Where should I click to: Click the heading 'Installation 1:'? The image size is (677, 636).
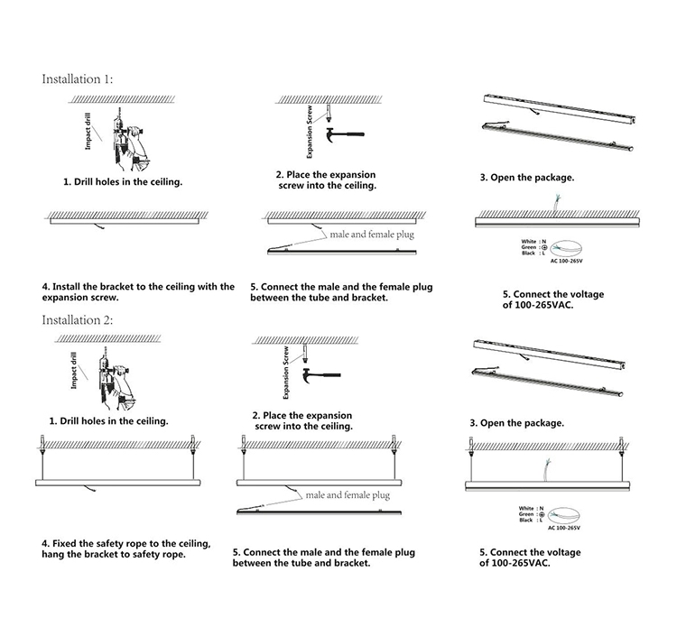(x=78, y=78)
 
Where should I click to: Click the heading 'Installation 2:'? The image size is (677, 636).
(x=78, y=319)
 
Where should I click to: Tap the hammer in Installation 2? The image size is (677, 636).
(x=320, y=372)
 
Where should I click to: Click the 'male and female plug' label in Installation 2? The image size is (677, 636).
(x=348, y=495)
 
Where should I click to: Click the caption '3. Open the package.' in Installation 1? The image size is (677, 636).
(x=526, y=178)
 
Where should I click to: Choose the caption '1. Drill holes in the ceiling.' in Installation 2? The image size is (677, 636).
(x=108, y=420)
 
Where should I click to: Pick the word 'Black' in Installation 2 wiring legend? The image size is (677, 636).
(x=525, y=521)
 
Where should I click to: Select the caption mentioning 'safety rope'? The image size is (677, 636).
(x=126, y=549)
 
